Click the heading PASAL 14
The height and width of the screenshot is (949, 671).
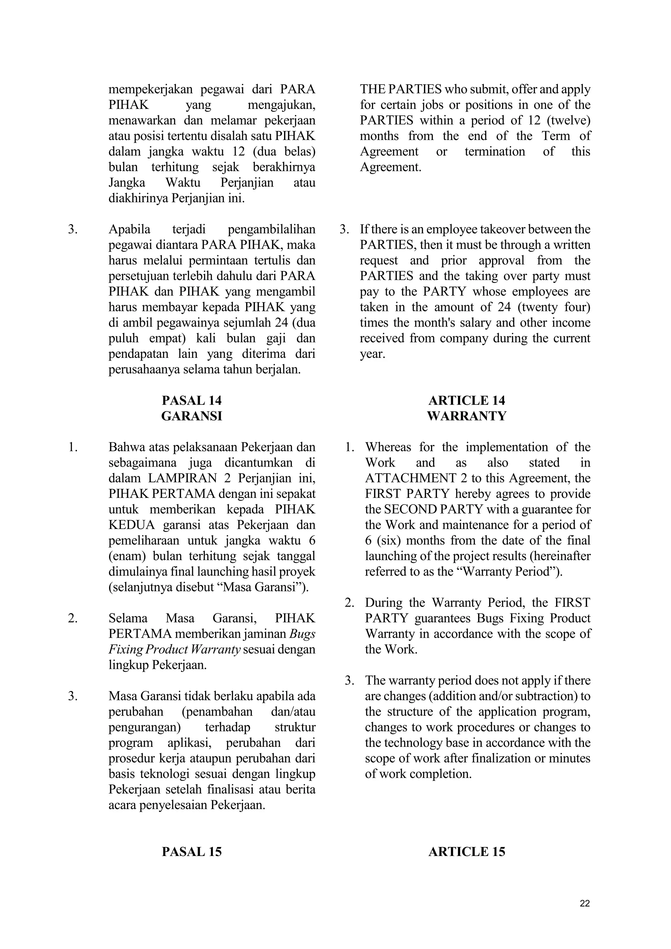tap(191, 400)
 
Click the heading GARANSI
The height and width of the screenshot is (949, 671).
tap(191, 416)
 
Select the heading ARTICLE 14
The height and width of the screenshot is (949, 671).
tap(467, 400)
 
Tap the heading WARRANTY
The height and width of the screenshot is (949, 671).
tap(467, 416)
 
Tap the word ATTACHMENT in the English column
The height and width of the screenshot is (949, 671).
tap(407, 478)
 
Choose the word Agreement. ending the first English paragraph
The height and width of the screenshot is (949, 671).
tap(391, 167)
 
